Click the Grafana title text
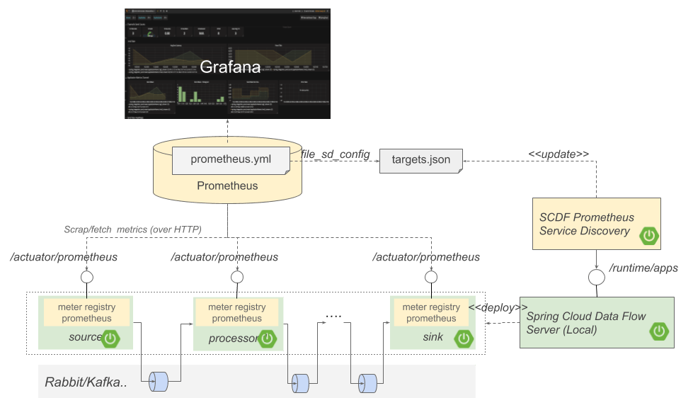click(x=230, y=68)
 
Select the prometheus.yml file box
click(x=231, y=160)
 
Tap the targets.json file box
click(x=420, y=160)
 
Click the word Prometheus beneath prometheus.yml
click(x=227, y=186)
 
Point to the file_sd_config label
click(x=335, y=154)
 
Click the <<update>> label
click(x=559, y=154)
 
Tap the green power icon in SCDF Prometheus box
click(x=648, y=236)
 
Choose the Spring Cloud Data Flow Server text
click(x=585, y=322)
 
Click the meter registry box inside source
click(x=86, y=312)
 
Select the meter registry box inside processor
click(x=236, y=312)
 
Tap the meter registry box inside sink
click(x=431, y=312)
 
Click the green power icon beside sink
click(x=464, y=339)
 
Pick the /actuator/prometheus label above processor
click(x=225, y=257)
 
